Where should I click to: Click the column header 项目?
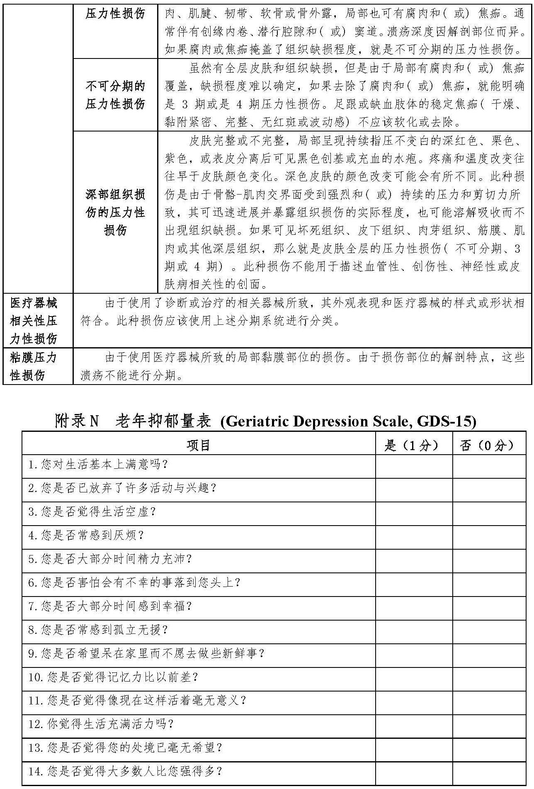point(199,445)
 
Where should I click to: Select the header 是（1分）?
point(413,445)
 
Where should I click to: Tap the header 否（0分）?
point(489,445)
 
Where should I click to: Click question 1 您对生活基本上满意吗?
point(98,464)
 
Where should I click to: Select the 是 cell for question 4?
point(413,535)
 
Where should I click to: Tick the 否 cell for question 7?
point(489,606)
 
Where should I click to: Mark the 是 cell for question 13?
point(413,748)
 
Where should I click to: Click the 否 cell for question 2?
point(489,488)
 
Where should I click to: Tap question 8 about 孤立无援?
point(98,630)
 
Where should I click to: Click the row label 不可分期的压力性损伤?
point(115,95)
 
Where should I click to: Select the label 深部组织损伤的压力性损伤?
point(115,212)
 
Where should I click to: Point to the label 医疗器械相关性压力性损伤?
point(34,321)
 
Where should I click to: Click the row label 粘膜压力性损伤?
point(34,366)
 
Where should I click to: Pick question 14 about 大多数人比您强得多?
point(126,771)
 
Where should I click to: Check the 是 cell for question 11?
point(413,701)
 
